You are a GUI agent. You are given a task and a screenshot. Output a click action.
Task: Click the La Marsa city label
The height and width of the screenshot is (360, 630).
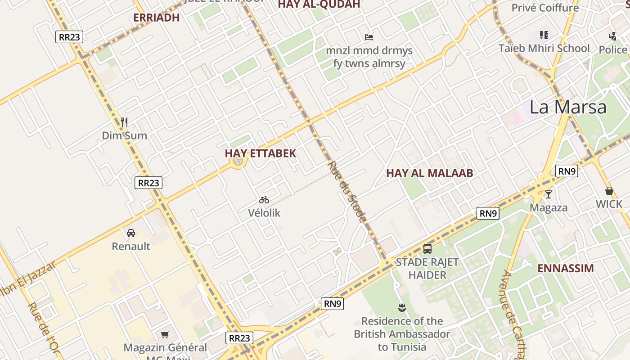click(x=568, y=108)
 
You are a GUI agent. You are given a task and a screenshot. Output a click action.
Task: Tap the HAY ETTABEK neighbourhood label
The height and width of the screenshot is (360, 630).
click(x=261, y=153)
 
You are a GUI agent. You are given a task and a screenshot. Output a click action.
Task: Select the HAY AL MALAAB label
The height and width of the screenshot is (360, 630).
click(x=429, y=173)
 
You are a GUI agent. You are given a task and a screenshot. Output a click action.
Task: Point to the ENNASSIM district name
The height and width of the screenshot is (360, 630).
click(x=566, y=269)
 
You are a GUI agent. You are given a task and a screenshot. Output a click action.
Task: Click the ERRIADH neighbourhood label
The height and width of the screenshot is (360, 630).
click(x=157, y=18)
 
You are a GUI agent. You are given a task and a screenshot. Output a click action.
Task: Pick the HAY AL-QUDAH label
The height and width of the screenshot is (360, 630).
click(x=319, y=4)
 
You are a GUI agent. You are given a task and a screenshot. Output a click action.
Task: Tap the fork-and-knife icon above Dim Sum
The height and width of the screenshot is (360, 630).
click(x=124, y=122)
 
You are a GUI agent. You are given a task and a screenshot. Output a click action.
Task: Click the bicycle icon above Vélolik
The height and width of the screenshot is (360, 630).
click(x=264, y=200)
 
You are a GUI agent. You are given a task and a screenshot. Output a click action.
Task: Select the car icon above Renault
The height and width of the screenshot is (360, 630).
click(x=131, y=233)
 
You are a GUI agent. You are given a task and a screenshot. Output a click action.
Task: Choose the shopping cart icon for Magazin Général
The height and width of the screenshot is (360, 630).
click(x=165, y=334)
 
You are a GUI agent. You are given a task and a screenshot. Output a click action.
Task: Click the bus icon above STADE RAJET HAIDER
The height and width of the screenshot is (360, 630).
click(x=427, y=248)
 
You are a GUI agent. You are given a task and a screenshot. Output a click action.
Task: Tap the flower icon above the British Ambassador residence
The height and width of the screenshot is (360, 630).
click(x=402, y=308)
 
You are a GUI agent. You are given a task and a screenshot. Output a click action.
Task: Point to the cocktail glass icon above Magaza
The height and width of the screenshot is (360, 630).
click(x=548, y=194)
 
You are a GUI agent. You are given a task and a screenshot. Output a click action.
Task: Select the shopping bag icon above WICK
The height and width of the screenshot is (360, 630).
click(x=609, y=191)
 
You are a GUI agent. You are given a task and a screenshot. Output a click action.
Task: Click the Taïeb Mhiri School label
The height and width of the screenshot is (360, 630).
click(x=544, y=48)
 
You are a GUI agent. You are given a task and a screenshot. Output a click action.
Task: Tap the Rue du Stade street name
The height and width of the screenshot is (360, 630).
click(x=346, y=192)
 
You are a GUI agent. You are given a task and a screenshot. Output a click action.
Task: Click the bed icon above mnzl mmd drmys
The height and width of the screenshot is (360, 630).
click(x=369, y=37)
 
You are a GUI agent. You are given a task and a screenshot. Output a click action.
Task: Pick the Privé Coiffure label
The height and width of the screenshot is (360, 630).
click(x=545, y=8)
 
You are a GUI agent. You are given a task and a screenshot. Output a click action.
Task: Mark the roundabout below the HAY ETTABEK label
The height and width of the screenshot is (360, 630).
click(x=238, y=161)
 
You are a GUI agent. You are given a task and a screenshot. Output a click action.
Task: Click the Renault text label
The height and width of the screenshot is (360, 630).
click(x=131, y=246)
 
